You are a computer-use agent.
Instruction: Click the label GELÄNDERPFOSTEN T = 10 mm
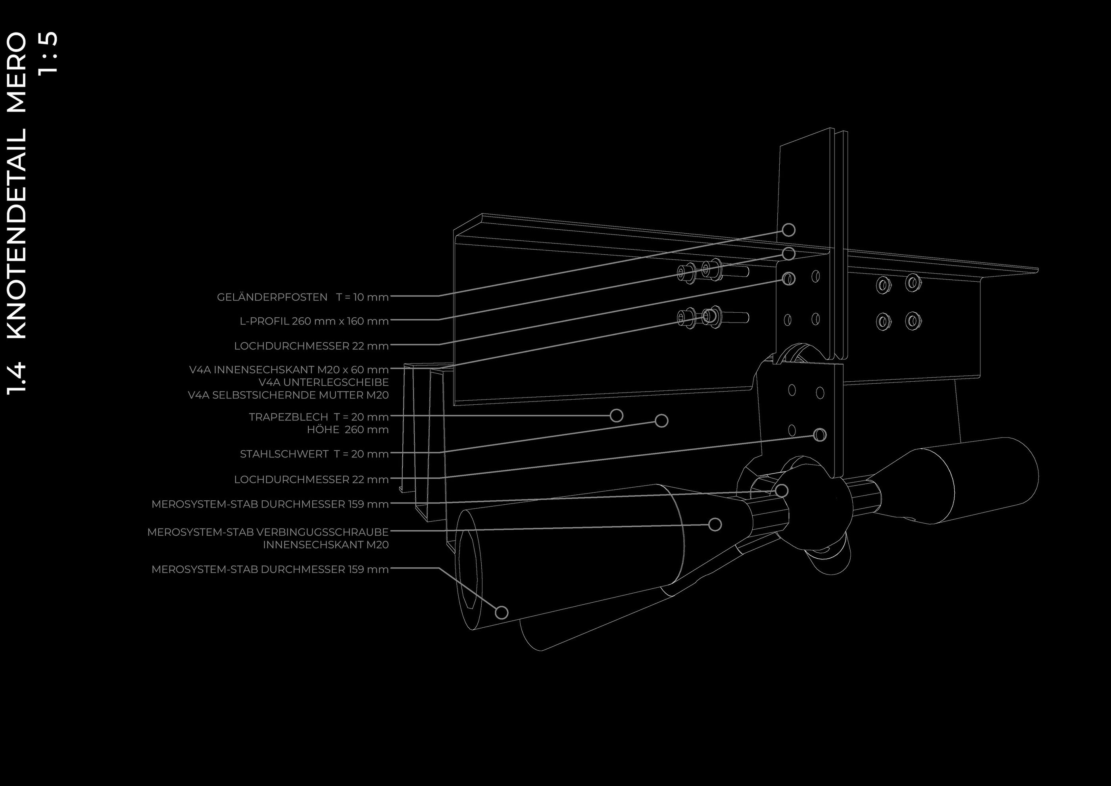pos(302,297)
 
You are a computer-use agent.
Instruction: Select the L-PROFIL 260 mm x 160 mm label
pos(314,321)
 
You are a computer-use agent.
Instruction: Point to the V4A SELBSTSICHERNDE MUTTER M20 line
pos(288,395)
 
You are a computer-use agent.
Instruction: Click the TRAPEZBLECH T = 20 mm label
pos(318,417)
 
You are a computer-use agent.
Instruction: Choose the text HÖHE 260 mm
pos(348,430)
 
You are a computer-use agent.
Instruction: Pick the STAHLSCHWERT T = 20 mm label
pos(314,454)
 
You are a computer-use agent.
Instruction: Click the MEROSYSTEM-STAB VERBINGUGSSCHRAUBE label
pos(267,532)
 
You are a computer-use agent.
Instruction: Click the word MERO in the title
pos(17,73)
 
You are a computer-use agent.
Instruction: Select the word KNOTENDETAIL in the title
pos(17,234)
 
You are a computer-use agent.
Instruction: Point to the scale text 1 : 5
pos(48,52)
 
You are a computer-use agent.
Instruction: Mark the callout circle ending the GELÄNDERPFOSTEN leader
pos(789,230)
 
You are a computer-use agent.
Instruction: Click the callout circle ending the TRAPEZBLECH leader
pos(616,416)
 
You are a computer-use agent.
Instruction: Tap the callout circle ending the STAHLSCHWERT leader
pos(661,421)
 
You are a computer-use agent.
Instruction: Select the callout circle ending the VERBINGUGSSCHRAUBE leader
pos(715,524)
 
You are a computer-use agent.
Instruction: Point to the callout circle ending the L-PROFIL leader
pos(789,254)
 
